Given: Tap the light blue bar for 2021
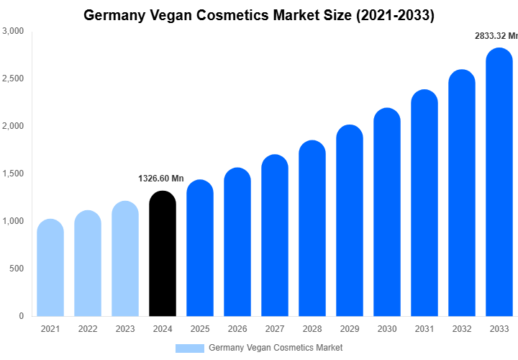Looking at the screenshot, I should pyautogui.click(x=50, y=268).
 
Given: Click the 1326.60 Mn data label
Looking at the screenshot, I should pyautogui.click(x=161, y=179).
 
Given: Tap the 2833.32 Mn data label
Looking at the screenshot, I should pyautogui.click(x=496, y=35).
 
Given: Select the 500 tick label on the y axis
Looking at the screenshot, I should pyautogui.click(x=17, y=269).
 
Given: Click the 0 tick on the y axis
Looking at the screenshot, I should pyautogui.click(x=21, y=316).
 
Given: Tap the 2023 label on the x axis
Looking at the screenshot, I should pyautogui.click(x=125, y=329).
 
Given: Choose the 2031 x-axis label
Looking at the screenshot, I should pyautogui.click(x=424, y=329).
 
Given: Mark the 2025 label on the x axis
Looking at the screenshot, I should pyautogui.click(x=200, y=329).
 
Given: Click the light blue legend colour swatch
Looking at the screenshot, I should pyautogui.click(x=190, y=348).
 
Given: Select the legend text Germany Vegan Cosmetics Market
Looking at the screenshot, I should pyautogui.click(x=276, y=348).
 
